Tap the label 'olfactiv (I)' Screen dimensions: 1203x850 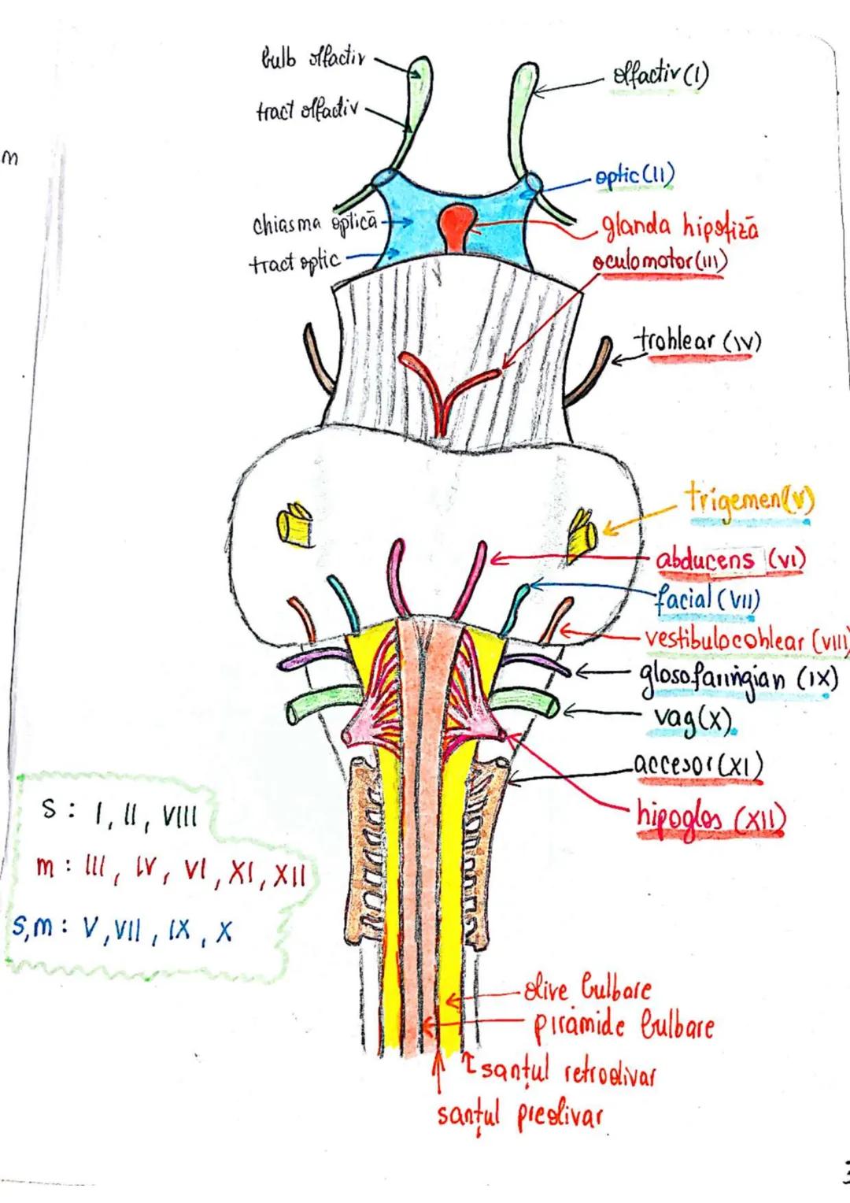(x=660, y=76)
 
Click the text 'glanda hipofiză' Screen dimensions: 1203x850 (x=680, y=228)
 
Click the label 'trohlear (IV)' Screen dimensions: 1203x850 (x=698, y=342)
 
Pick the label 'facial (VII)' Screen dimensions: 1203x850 (x=708, y=600)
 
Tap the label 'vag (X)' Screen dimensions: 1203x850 (x=693, y=718)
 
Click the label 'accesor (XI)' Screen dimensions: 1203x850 (x=697, y=764)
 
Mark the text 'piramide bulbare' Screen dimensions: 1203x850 (x=623, y=1026)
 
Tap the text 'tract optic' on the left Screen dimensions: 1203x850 (x=295, y=261)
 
